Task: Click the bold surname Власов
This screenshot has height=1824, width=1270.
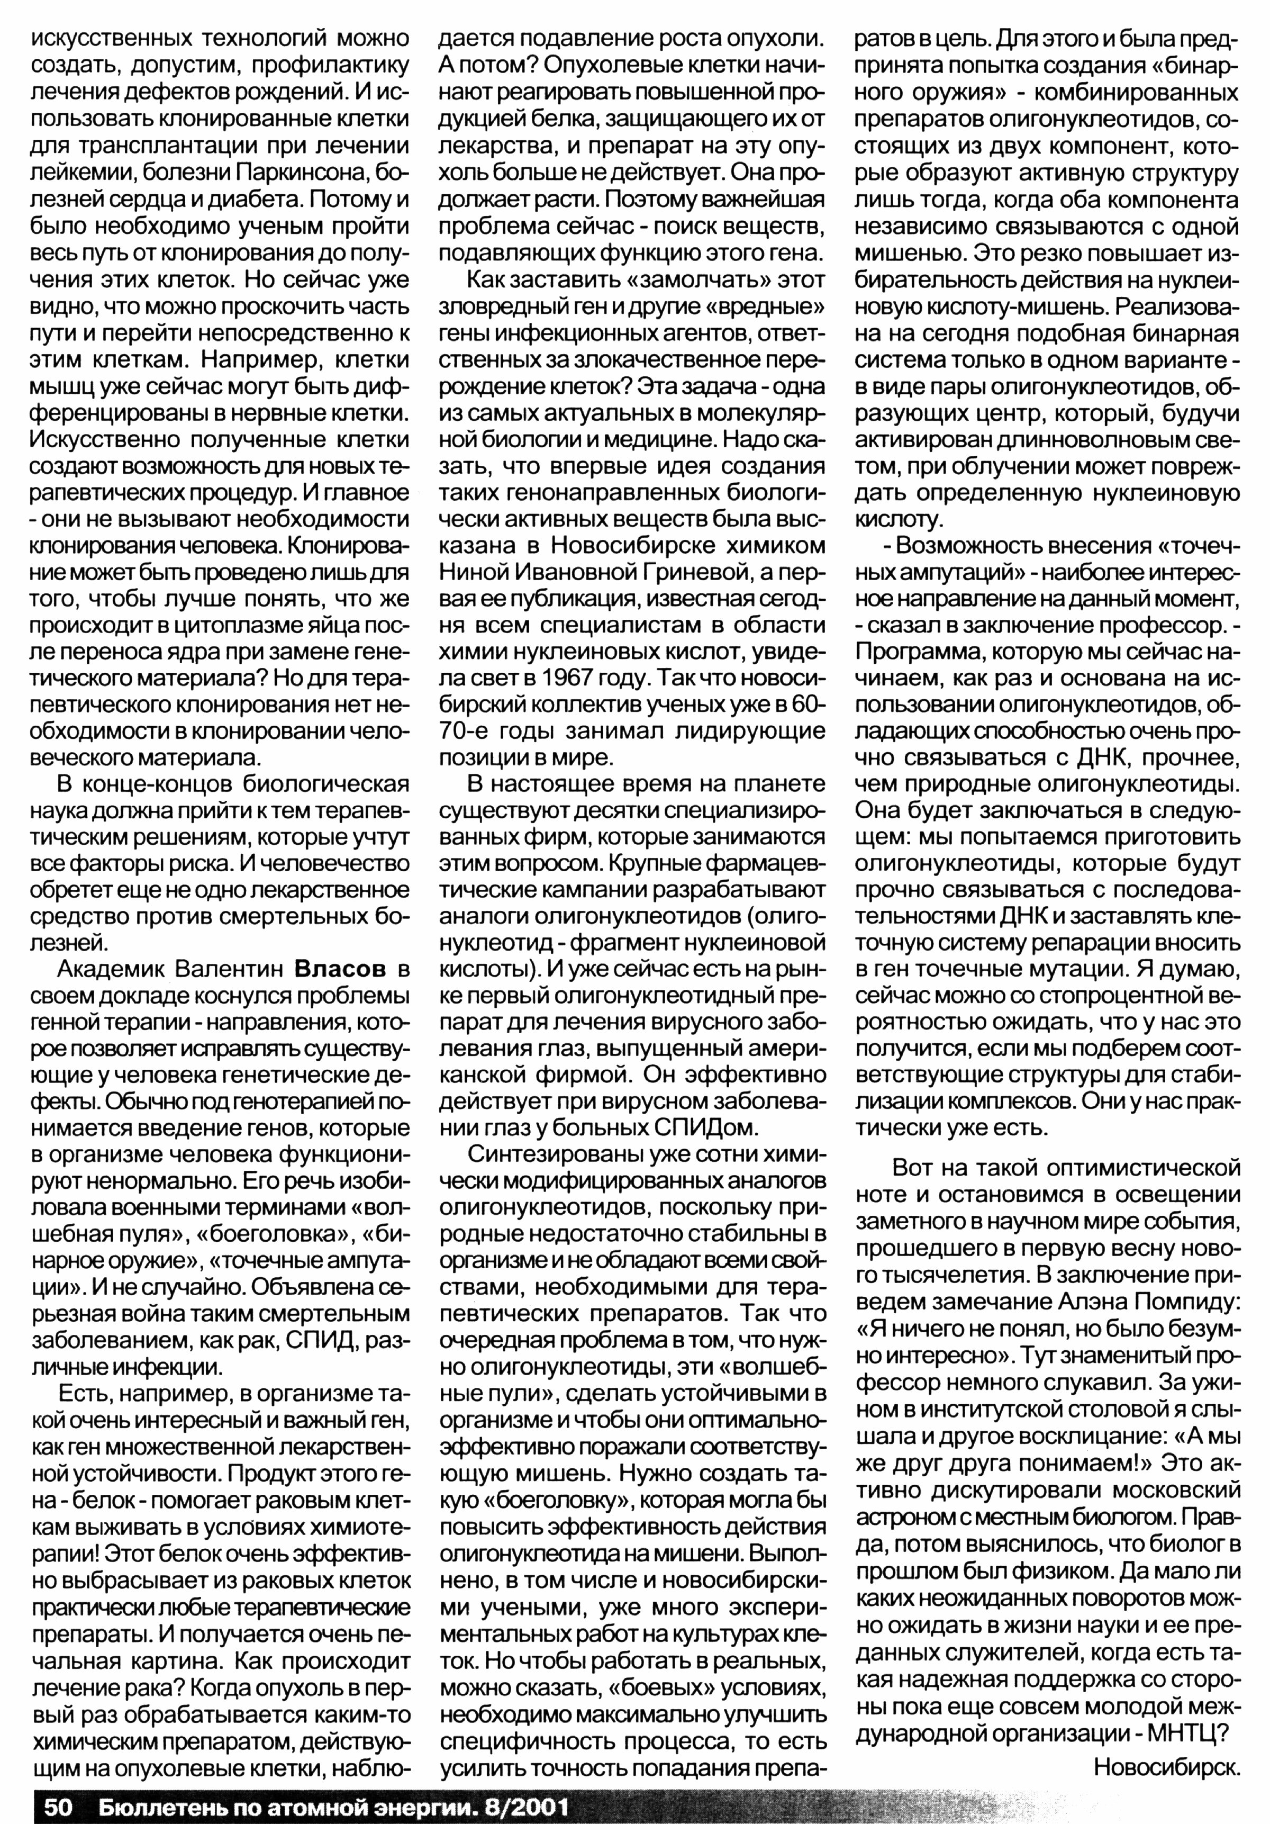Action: [x=340, y=970]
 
